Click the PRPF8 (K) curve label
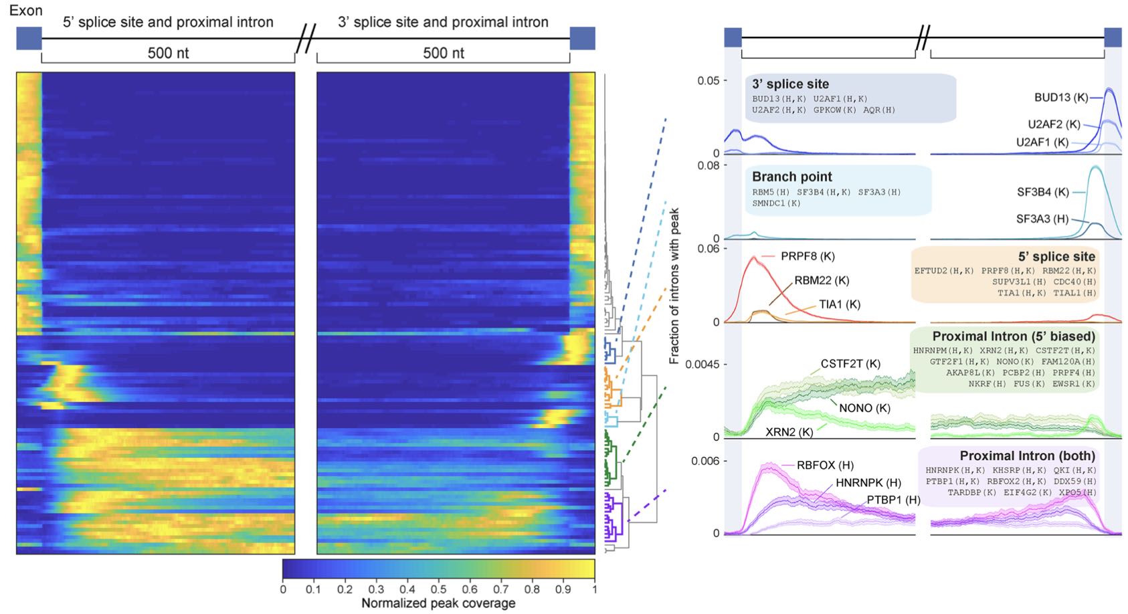808,256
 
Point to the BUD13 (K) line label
1061,98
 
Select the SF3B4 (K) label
1043,192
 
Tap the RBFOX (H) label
825,466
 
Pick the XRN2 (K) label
789,432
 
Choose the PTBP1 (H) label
893,500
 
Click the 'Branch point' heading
792,177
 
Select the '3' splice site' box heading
790,84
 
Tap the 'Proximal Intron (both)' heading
1027,456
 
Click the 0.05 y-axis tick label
708,80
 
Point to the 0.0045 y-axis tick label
702,365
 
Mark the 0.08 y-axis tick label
708,165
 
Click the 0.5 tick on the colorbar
438,589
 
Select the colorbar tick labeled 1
594,589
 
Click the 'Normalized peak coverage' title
438,603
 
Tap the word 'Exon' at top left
25,10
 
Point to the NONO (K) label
864,408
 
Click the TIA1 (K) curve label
840,304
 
